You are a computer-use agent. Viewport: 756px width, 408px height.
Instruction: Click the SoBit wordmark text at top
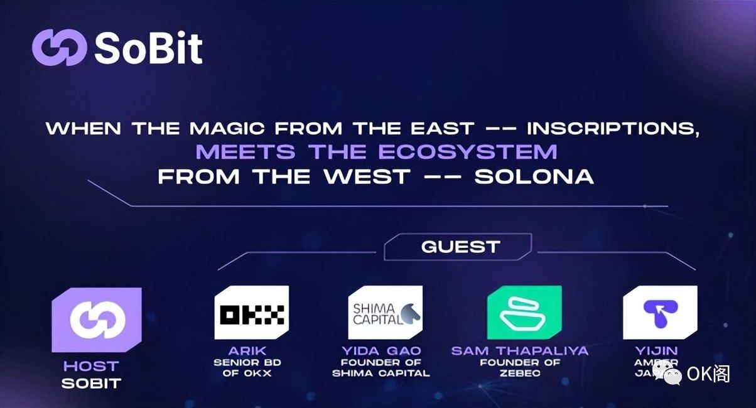tap(149, 48)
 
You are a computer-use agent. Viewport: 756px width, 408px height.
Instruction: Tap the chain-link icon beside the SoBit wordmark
tap(59, 48)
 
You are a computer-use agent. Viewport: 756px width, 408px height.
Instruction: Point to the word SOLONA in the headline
tap(534, 176)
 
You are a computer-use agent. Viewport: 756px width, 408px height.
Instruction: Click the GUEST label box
tap(460, 247)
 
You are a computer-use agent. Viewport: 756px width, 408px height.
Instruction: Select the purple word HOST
tap(91, 366)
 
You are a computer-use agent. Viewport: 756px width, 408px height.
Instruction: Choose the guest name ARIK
tap(247, 351)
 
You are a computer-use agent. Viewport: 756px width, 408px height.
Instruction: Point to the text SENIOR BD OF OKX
tap(247, 368)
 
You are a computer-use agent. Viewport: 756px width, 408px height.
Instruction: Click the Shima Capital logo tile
tap(385, 313)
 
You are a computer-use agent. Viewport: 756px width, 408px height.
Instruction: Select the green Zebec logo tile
tap(524, 313)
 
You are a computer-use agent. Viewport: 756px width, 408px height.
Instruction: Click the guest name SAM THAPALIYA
tap(520, 351)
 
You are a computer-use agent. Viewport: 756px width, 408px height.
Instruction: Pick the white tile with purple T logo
tap(659, 313)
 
